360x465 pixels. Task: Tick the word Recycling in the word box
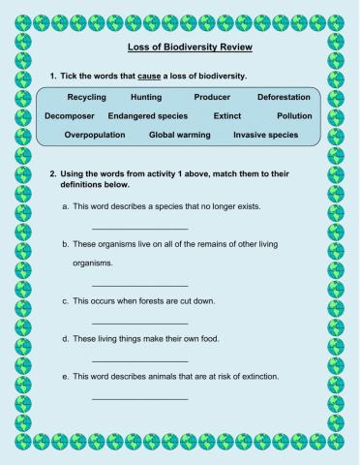86,98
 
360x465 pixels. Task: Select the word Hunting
146,98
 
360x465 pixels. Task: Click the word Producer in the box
212,98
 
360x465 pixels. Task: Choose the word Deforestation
284,98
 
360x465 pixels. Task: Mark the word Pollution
293,116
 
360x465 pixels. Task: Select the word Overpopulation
95,135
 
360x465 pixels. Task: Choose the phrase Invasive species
265,135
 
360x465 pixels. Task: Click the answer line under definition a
126,228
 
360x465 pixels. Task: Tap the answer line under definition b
126,285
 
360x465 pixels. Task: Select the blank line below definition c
126,323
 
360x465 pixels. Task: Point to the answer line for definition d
126,360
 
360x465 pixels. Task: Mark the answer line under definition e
126,398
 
